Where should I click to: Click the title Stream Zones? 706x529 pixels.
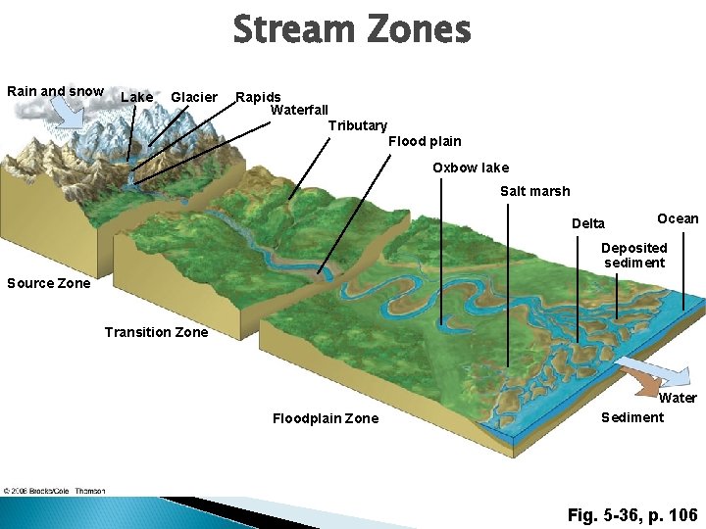(352, 29)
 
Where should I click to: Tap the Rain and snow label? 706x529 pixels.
(55, 91)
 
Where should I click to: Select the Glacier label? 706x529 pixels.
(194, 97)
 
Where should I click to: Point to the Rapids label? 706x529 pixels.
(259, 97)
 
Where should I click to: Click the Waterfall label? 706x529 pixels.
(299, 110)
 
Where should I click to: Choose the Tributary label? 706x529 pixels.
(357, 125)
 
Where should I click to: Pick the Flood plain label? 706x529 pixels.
(425, 141)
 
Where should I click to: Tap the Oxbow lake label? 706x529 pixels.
(471, 168)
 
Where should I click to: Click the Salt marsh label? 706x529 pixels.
(534, 191)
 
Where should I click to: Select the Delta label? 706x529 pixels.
(588, 223)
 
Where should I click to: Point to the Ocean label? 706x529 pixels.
(678, 218)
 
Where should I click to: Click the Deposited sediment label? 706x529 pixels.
(634, 255)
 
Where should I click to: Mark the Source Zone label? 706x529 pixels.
(49, 283)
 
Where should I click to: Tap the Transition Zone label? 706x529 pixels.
(156, 332)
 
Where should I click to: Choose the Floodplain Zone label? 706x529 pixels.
(325, 418)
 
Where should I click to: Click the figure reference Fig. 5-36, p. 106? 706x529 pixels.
(632, 514)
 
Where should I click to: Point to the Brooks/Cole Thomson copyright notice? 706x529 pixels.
(54, 491)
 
